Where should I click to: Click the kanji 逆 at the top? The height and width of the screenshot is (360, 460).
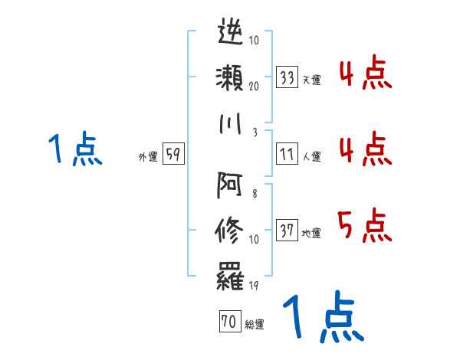231,32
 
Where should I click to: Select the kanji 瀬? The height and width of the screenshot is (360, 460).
231,77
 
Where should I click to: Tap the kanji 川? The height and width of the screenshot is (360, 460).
231,123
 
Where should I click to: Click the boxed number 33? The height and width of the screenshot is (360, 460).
287,77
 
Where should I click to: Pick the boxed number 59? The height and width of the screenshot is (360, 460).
173,155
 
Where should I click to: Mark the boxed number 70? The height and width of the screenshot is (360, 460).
228,322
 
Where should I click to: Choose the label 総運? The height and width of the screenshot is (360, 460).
254,325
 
